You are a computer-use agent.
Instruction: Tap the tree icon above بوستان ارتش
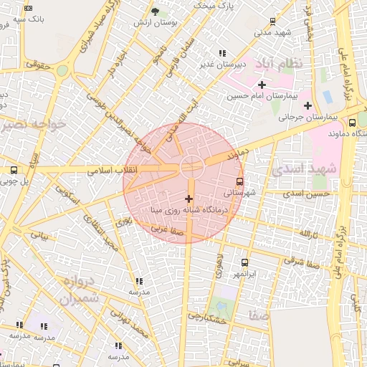tap(156, 11)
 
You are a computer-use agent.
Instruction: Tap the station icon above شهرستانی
tap(239, 181)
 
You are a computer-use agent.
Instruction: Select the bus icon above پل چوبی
tap(14, 171)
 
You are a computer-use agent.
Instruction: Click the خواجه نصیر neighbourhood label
tap(34, 125)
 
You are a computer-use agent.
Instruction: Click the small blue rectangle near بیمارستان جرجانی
tap(328, 96)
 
